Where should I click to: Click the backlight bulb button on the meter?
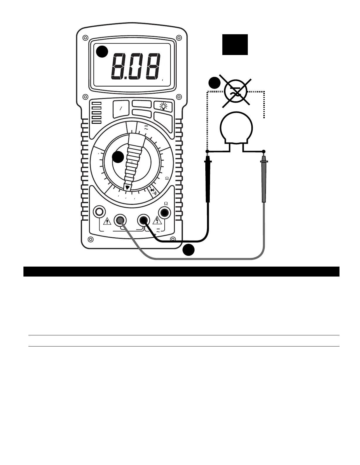[163, 106]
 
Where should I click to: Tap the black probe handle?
[208, 181]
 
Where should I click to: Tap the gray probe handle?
[264, 181]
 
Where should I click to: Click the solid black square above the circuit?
[235, 44]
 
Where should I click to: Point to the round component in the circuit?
[236, 128]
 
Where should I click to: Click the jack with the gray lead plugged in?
[120, 220]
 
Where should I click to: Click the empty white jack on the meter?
[99, 212]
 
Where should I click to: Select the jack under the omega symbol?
[164, 212]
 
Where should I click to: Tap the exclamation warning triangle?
[107, 221]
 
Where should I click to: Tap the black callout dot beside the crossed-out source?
[214, 83]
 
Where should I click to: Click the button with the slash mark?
[120, 108]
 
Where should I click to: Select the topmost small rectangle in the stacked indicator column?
[97, 103]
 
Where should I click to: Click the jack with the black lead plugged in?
[144, 220]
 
